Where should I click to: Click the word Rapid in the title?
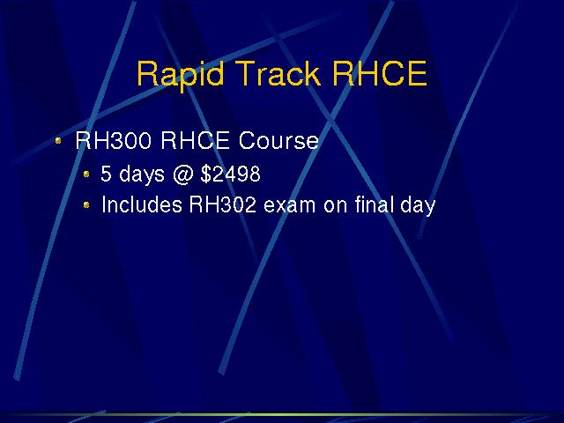pyautogui.click(x=181, y=75)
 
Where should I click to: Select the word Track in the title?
pyautogui.click(x=278, y=73)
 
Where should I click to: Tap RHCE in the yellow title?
pyautogui.click(x=380, y=73)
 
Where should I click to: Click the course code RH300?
pyautogui.click(x=113, y=140)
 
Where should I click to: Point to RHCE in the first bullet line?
pyautogui.click(x=195, y=140)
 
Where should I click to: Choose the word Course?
pyautogui.click(x=278, y=140)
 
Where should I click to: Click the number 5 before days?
pyautogui.click(x=106, y=174)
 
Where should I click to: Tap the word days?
pyautogui.click(x=141, y=175)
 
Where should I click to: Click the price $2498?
pyautogui.click(x=231, y=174)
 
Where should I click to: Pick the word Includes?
pyautogui.click(x=142, y=204)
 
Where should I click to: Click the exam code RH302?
pyautogui.click(x=223, y=204)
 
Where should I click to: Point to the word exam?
pyautogui.click(x=290, y=206)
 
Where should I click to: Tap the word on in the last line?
pyautogui.click(x=335, y=206)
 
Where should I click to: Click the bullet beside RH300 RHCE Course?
pyautogui.click(x=58, y=141)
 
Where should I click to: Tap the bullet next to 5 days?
pyautogui.click(x=86, y=174)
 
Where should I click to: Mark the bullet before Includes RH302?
pyautogui.click(x=86, y=204)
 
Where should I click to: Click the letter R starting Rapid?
pyautogui.click(x=147, y=73)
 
